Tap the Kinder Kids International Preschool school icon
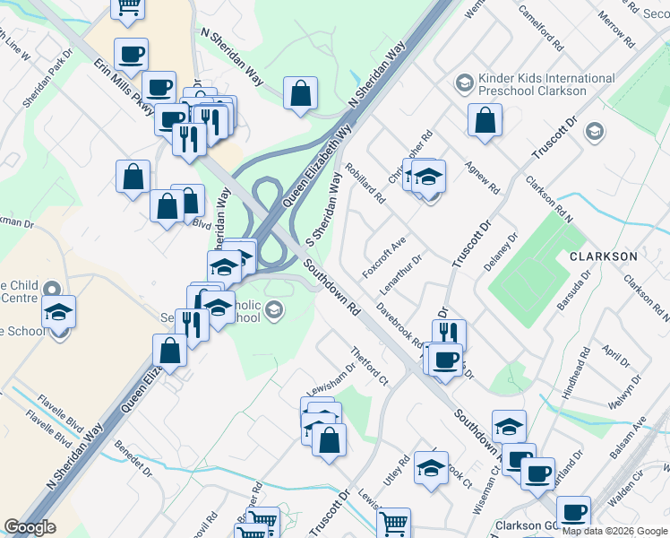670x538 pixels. pyautogui.click(x=464, y=83)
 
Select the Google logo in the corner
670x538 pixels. pyautogui.click(x=30, y=527)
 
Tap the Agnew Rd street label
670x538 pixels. pyautogui.click(x=482, y=179)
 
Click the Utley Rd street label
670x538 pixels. pyautogui.click(x=391, y=472)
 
